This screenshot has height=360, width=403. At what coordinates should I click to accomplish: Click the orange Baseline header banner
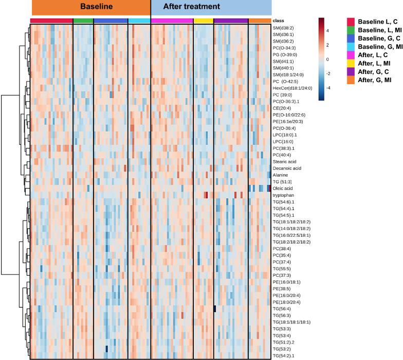point(90,7)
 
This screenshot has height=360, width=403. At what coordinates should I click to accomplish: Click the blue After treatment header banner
point(211,7)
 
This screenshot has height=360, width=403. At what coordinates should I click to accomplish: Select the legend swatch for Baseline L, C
point(352,22)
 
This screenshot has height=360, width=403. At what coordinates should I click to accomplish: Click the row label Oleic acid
point(284,188)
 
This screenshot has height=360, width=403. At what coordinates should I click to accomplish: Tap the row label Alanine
point(281,175)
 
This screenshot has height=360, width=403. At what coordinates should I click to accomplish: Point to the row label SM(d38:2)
point(284,28)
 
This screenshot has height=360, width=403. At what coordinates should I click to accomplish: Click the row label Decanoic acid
point(287,168)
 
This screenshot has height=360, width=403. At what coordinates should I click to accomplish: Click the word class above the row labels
point(279,21)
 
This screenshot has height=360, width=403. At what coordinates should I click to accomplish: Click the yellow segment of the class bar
point(203,21)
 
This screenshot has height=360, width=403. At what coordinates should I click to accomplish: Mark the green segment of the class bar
point(83,21)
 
